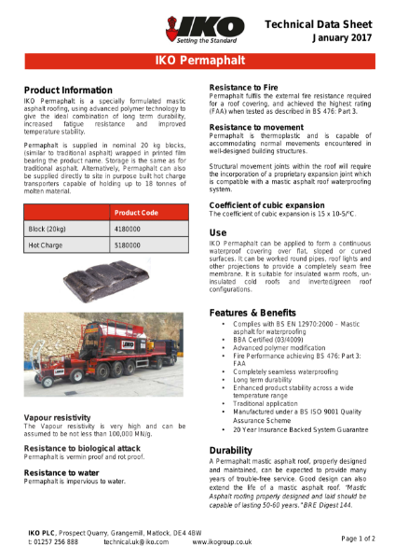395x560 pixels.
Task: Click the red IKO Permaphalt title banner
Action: tap(197, 62)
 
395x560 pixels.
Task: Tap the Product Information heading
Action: tap(67, 90)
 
